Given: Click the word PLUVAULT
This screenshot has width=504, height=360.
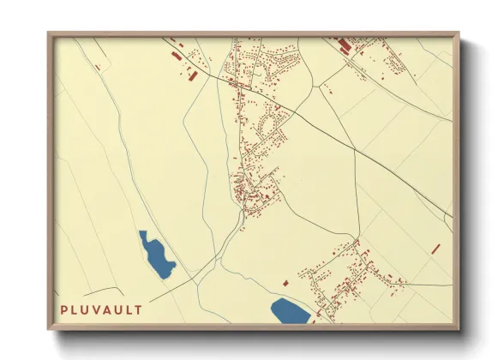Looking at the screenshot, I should tap(101, 309).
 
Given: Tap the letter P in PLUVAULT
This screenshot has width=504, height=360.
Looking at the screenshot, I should tap(63, 309).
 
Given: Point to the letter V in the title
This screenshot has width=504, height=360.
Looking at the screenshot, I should tap(95, 309).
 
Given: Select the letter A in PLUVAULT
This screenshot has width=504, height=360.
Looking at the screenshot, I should tap(106, 309).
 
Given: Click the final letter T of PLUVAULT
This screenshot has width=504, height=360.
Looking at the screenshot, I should tap(138, 309).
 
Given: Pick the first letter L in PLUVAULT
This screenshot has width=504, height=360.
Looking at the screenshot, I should tap(74, 309).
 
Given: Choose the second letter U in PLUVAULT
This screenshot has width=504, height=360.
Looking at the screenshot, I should tap(117, 309).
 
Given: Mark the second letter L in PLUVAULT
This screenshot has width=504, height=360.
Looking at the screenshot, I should tap(128, 309).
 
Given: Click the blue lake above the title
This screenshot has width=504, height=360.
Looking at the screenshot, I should tap(156, 255).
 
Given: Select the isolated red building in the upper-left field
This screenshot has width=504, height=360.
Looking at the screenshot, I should tap(99, 67).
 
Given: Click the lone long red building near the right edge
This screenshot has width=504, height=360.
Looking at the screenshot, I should tap(435, 249).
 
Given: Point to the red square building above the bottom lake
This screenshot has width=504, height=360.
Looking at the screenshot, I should tap(285, 283).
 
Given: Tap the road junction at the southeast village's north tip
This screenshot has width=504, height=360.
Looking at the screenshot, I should tap(356, 241).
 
